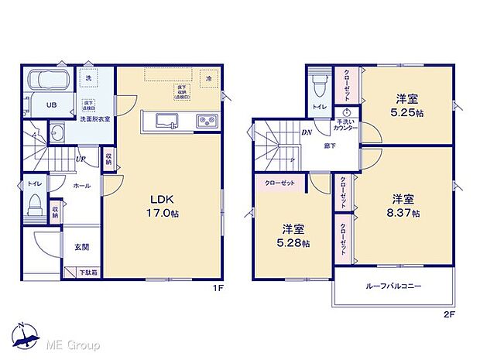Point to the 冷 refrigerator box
[208, 79]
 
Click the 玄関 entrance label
[81, 247]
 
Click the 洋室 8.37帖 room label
[406, 205]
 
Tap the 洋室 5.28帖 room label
[295, 235]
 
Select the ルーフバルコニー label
[393, 286]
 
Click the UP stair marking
[81, 159]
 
